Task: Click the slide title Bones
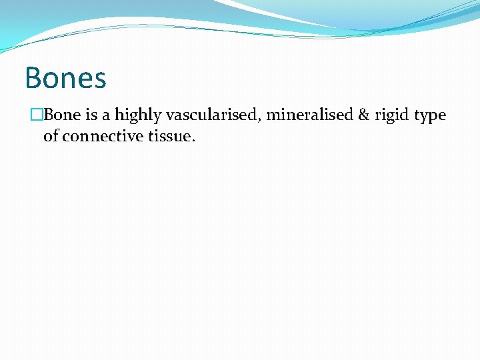pyautogui.click(x=65, y=78)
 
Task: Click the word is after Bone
pyautogui.click(x=92, y=115)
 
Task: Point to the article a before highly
pyautogui.click(x=106, y=116)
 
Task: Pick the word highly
pyautogui.click(x=138, y=116)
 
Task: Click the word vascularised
pyautogui.click(x=212, y=115)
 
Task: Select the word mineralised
pyautogui.click(x=309, y=115)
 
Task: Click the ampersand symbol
pyautogui.click(x=363, y=115)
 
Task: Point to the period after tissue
pyautogui.click(x=193, y=140)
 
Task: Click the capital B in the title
pyautogui.click(x=33, y=78)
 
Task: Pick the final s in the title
pyautogui.click(x=99, y=80)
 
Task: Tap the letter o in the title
pyautogui.click(x=51, y=80)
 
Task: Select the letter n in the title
pyautogui.click(x=67, y=80)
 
